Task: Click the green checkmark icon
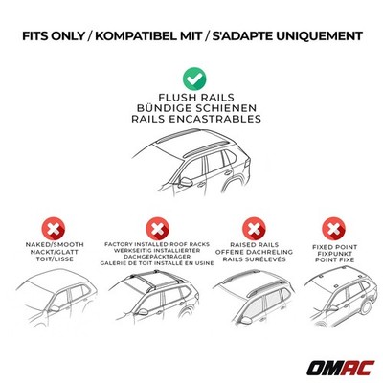point(194,79)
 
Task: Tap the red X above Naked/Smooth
point(54,229)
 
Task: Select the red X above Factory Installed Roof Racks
point(157,229)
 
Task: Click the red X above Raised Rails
point(254,229)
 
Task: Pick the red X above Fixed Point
point(334,229)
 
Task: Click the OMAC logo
point(340,368)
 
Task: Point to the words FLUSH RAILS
point(196,98)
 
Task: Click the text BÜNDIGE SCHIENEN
point(196,108)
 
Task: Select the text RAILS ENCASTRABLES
point(196,119)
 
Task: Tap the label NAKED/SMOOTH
point(55,245)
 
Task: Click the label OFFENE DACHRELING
point(254,252)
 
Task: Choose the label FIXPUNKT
point(334,254)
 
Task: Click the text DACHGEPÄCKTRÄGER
point(157,257)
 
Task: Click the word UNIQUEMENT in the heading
point(319,36)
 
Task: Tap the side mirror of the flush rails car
point(186,182)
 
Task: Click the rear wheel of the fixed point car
point(366,306)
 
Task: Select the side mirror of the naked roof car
point(55,308)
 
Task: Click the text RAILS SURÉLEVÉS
point(254,259)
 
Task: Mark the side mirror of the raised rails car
point(245,320)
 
